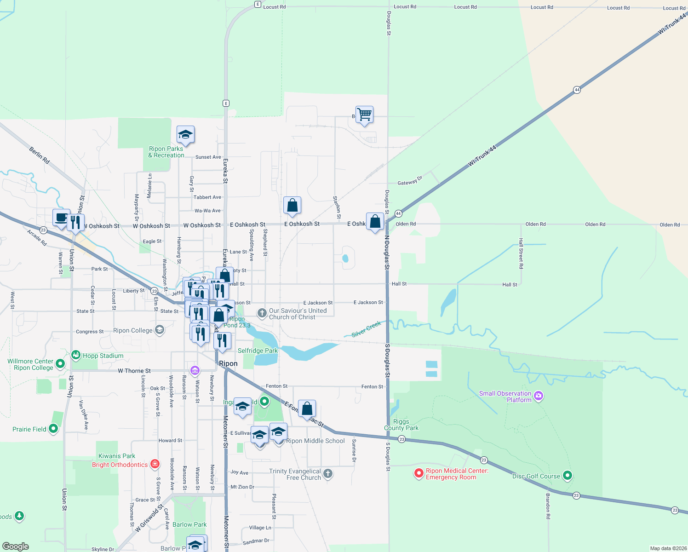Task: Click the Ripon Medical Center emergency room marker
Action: (419, 473)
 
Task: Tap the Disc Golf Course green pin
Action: (568, 476)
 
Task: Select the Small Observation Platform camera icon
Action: (539, 396)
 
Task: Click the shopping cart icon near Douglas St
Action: (364, 114)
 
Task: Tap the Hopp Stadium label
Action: (103, 356)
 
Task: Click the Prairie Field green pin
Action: (53, 429)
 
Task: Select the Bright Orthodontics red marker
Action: (155, 464)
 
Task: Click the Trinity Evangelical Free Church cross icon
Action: (327, 473)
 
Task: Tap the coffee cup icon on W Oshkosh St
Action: (61, 217)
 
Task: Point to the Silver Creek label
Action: (366, 329)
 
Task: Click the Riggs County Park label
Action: (401, 425)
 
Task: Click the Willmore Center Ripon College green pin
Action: (60, 364)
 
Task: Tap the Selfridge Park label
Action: (258, 351)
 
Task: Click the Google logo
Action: (16, 546)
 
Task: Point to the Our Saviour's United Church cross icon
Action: (262, 314)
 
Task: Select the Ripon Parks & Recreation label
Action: (166, 152)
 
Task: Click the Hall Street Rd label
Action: (521, 253)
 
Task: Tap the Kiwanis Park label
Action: (117, 456)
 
